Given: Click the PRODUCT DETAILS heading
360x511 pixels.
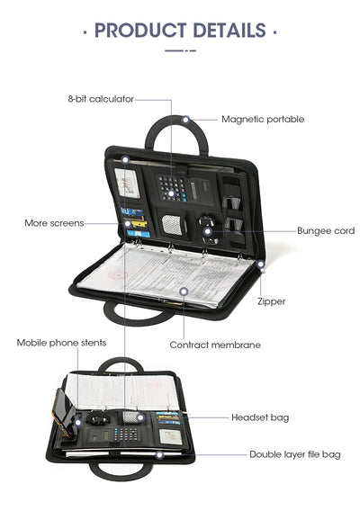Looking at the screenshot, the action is tap(180, 31).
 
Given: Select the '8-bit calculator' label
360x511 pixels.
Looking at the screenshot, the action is tap(101, 99).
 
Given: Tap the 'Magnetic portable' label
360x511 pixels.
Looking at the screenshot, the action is tap(263, 120).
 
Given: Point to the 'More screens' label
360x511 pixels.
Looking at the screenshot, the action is tap(54, 223).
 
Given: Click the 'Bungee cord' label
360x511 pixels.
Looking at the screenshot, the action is tap(326, 230).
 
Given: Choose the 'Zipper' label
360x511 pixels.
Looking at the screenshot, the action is tap(271, 301).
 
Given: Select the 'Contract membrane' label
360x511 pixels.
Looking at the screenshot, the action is tap(215, 345).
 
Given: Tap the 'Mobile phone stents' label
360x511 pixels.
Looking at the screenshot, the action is tap(61, 343).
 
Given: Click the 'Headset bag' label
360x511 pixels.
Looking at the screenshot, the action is tap(260, 417).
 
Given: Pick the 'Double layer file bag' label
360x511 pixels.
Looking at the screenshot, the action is tap(295, 454).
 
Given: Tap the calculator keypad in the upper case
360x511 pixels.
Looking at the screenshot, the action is tap(172, 188).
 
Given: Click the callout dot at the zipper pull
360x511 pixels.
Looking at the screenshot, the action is tap(260, 264).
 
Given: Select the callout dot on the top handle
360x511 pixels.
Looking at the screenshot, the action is tap(185, 120).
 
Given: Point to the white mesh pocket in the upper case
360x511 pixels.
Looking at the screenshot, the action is tap(172, 225).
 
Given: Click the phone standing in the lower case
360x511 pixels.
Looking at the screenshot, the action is tap(63, 413).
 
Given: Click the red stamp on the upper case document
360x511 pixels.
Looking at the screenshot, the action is tap(117, 275).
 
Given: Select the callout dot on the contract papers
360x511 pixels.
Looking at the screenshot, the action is tap(184, 291).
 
